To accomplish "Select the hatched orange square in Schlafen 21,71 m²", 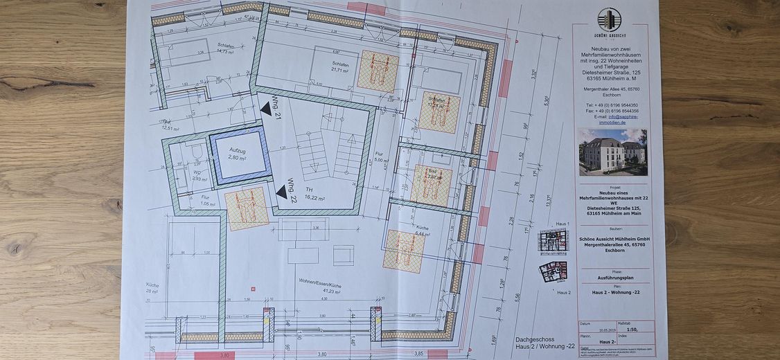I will (377, 71).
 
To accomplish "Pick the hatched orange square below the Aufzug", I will (247, 209).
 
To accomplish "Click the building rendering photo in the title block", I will (612, 152).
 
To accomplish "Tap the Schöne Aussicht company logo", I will (609, 23).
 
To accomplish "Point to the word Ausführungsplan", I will (612, 277).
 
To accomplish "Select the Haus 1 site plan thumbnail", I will (552, 241).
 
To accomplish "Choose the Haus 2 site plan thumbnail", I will (553, 271).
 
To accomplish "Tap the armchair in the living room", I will (343, 255).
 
